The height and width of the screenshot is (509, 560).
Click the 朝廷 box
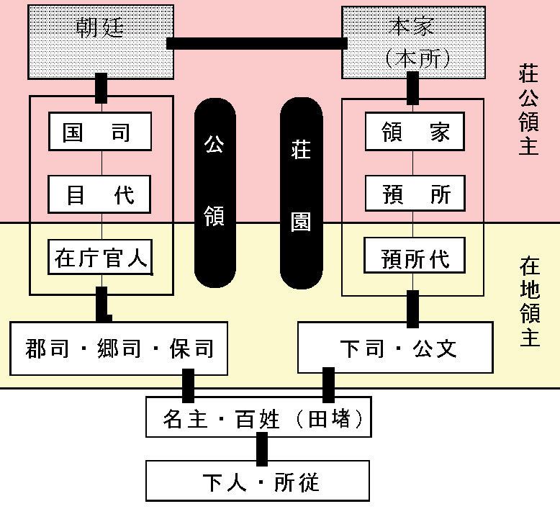point(101,41)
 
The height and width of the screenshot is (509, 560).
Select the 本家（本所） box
point(412,41)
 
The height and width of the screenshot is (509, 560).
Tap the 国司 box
point(100,132)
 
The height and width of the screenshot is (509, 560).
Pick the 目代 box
point(100,194)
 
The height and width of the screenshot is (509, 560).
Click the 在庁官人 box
point(100,257)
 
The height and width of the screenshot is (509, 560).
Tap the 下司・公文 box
point(395,348)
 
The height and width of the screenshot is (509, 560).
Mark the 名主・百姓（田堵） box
point(258,417)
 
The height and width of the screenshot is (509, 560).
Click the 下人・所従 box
point(258,481)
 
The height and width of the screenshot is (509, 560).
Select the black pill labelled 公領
point(214,192)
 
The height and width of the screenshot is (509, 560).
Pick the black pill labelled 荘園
point(301,192)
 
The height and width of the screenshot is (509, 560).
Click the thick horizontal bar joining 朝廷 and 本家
point(256,43)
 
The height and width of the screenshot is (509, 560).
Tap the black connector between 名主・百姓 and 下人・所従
point(262,449)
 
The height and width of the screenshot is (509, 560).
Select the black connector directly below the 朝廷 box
point(101,87)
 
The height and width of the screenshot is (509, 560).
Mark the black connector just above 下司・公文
point(412,308)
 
